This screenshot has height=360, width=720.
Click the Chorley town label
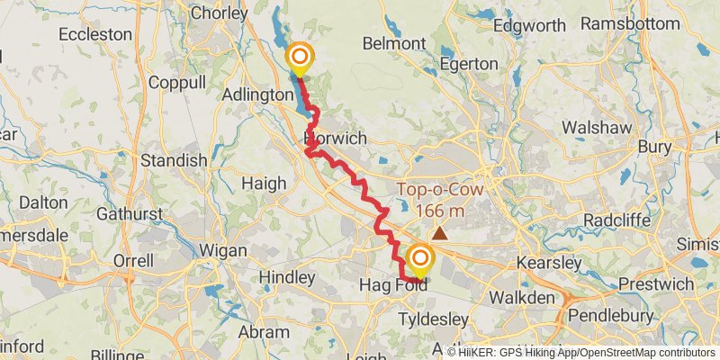click(219, 13)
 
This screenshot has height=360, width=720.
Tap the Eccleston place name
click(94, 34)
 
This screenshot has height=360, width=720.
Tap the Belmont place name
click(392, 43)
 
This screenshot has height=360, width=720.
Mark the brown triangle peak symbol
click(439, 234)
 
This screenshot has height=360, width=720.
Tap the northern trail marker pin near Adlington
click(299, 58)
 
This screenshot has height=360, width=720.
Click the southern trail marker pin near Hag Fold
click(419, 261)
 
